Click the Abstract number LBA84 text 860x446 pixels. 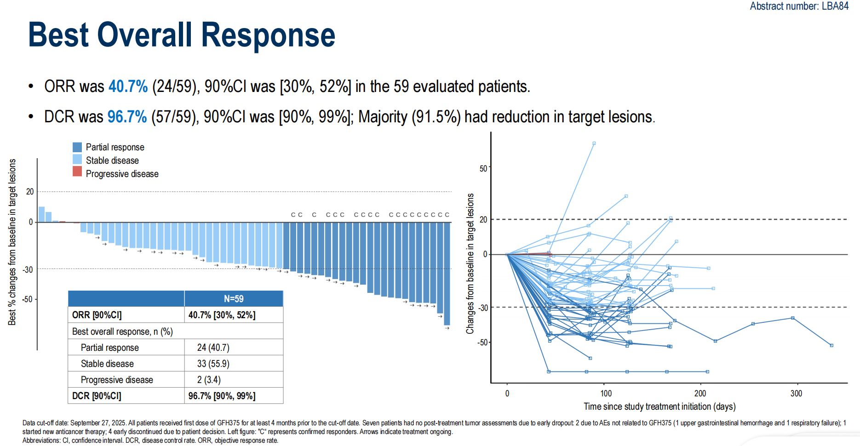click(x=799, y=6)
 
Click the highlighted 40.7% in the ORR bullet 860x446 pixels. click(x=128, y=86)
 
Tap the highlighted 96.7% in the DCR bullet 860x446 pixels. click(x=127, y=117)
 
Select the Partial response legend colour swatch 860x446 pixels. click(x=77, y=147)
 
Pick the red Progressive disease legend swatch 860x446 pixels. click(x=77, y=172)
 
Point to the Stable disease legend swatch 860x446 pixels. click(x=77, y=160)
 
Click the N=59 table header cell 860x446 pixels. click(x=234, y=299)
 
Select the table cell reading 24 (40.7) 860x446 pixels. click(x=213, y=348)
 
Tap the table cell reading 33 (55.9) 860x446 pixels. click(x=213, y=364)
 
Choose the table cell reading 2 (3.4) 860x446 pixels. click(x=209, y=380)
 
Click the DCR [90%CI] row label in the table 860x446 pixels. click(x=97, y=396)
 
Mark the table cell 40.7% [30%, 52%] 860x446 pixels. click(x=222, y=315)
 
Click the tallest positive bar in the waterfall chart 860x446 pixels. click(x=41, y=215)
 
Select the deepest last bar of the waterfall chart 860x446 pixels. click(x=447, y=274)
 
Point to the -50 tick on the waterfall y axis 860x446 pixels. click(x=28, y=299)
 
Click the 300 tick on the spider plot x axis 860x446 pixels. click(x=796, y=394)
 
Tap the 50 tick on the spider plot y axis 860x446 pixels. click(x=483, y=169)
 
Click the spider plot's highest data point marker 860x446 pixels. click(x=594, y=143)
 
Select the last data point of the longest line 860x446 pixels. click(x=831, y=345)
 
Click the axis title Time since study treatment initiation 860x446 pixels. click(x=659, y=406)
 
